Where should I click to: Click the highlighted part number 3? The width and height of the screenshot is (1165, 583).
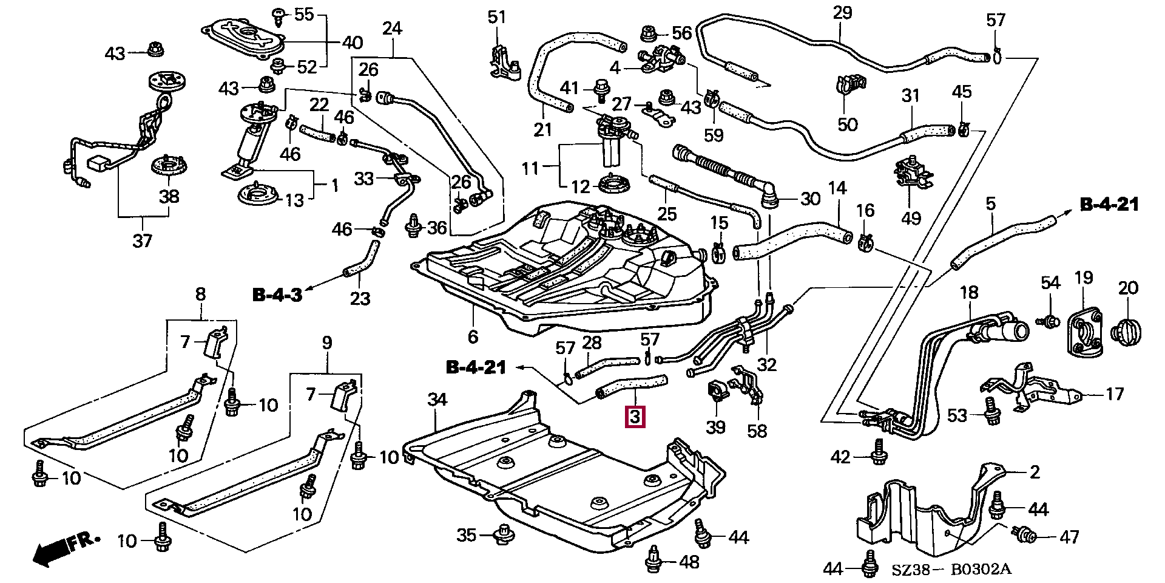(x=635, y=417)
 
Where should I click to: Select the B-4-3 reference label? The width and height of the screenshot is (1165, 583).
(x=277, y=295)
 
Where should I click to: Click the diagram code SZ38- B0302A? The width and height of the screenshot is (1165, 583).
(x=951, y=569)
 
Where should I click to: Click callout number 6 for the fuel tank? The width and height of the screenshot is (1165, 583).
(x=473, y=336)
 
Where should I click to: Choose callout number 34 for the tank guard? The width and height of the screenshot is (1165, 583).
(x=437, y=400)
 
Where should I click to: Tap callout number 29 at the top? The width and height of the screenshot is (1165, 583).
(x=842, y=13)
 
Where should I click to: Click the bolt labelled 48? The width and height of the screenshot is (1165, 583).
(x=654, y=559)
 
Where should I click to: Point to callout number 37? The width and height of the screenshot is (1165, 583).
(x=143, y=241)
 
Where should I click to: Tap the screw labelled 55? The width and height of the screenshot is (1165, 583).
(x=280, y=15)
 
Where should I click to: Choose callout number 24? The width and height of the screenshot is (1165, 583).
(x=392, y=27)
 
